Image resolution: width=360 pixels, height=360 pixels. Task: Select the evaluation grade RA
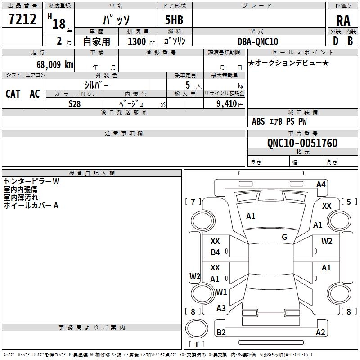pyautogui.click(x=343, y=20)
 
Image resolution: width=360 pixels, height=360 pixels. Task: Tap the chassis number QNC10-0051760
pyautogui.click(x=302, y=143)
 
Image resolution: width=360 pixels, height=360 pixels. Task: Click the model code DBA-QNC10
pyautogui.click(x=258, y=41)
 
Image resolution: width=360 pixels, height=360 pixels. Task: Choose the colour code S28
pyautogui.click(x=75, y=103)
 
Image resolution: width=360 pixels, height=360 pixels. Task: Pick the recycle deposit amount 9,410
pyautogui.click(x=224, y=104)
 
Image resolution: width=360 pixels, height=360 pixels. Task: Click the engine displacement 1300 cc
pyautogui.click(x=137, y=41)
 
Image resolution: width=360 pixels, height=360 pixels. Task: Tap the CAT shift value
pyautogui.click(x=13, y=94)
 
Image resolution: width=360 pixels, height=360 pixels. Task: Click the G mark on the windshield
pyautogui.click(x=284, y=237)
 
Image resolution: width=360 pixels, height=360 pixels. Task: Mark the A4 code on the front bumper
pyautogui.click(x=321, y=184)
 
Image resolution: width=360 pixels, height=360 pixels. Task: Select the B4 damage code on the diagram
pyautogui.click(x=216, y=252)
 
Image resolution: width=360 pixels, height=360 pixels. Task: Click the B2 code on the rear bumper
pyautogui.click(x=221, y=333)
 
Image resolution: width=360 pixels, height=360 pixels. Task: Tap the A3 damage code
pyautogui.click(x=221, y=308)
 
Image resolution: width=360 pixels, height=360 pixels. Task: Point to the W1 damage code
pyautogui.click(x=221, y=292)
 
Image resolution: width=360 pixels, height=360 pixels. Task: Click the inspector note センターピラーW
pyautogui.click(x=31, y=182)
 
